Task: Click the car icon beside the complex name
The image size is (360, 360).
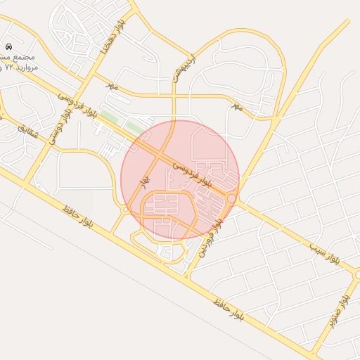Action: (8, 45)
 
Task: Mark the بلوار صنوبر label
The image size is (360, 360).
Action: (336, 313)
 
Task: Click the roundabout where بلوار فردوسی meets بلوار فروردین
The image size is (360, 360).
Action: (231, 199)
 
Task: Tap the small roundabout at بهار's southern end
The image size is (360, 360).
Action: (126, 209)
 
